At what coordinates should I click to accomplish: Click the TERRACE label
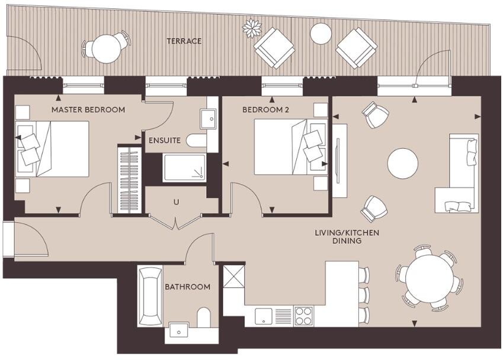pyautogui.click(x=184, y=41)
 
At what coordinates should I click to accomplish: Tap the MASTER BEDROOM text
pyautogui.click(x=88, y=110)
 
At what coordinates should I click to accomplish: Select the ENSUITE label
pyautogui.click(x=165, y=140)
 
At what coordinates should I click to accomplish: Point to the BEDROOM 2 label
pyautogui.click(x=265, y=110)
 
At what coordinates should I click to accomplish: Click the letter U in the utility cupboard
pyautogui.click(x=176, y=202)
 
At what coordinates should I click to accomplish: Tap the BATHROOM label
pyautogui.click(x=188, y=287)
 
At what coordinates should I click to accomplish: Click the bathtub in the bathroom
pyautogui.click(x=150, y=296)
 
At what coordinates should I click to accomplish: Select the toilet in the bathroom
pyautogui.click(x=203, y=317)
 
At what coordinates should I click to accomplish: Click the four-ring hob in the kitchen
pyautogui.click(x=303, y=316)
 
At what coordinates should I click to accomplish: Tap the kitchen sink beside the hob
pyautogui.click(x=264, y=316)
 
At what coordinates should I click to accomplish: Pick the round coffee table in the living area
pyautogui.click(x=403, y=163)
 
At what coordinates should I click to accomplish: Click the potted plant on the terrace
pyautogui.click(x=252, y=28)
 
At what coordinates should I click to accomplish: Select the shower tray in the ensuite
pyautogui.click(x=184, y=168)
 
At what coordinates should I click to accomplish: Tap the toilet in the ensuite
pyautogui.click(x=196, y=140)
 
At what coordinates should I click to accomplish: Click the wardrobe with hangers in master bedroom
pyautogui.click(x=130, y=180)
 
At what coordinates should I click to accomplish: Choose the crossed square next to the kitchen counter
pyautogui.click(x=233, y=277)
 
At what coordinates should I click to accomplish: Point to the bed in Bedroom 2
pyautogui.click(x=291, y=147)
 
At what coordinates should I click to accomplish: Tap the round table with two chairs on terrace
pyautogui.click(x=106, y=48)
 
